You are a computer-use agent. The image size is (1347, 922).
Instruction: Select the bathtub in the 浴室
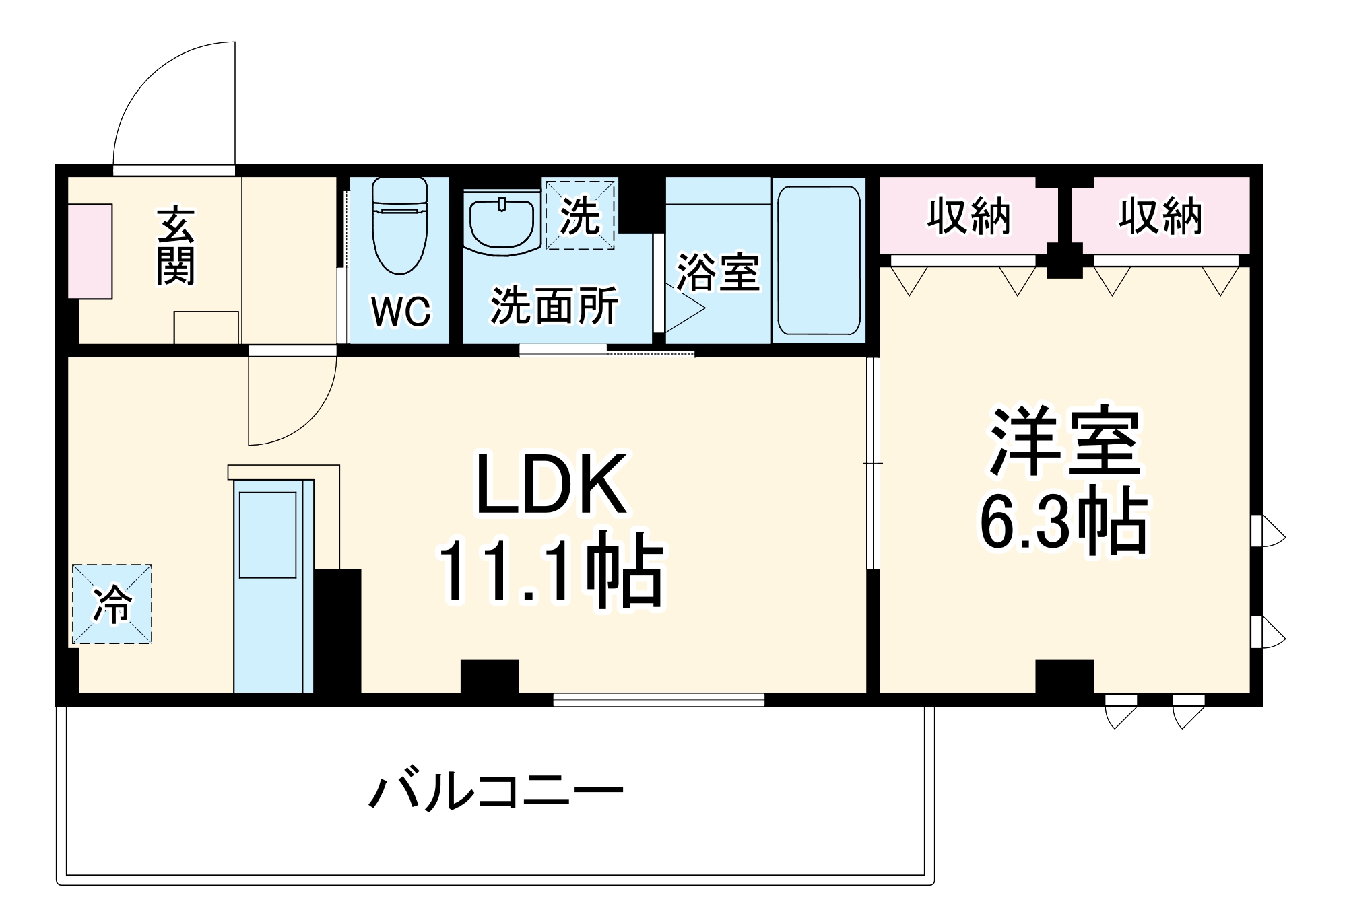coord(818,260)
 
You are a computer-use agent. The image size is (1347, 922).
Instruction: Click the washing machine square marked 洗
coord(580,215)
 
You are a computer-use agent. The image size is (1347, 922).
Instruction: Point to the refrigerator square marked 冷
coord(112,604)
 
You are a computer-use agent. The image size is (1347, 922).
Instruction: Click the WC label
coord(400,312)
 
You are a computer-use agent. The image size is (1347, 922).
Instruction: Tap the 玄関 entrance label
coord(176,246)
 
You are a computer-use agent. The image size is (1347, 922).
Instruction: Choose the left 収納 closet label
coord(968,216)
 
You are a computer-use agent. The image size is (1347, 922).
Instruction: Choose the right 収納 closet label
coord(1160,216)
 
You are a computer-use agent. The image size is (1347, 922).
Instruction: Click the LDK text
coord(552,485)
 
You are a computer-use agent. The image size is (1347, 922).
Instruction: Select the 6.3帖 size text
coord(1063,522)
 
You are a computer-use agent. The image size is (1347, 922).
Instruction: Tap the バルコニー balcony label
coord(496,791)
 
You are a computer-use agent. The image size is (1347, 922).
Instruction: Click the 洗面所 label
coord(554,306)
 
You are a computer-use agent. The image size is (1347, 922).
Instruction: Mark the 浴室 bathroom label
coord(718,273)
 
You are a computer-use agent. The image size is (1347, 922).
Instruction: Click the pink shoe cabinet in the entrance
coord(90,251)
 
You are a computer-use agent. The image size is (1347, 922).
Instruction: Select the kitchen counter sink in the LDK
coord(267,535)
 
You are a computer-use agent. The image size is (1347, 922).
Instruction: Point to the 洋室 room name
coord(1063,441)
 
